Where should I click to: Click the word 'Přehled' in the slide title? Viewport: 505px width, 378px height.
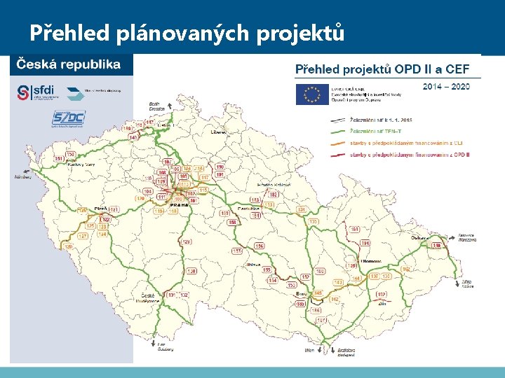click(65, 33)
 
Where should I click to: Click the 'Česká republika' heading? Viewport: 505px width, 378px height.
click(68, 64)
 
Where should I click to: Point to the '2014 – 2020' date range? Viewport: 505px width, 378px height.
click(446, 86)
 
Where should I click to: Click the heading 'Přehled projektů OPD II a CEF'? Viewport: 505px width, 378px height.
click(387, 69)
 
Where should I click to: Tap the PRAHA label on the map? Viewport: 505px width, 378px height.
click(178, 205)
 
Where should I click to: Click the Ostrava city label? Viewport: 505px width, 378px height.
click(421, 238)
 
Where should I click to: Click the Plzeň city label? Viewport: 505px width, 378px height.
click(100, 208)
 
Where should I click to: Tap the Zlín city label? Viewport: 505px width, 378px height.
click(382, 304)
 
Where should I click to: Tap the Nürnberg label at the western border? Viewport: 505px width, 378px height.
click(22, 176)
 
